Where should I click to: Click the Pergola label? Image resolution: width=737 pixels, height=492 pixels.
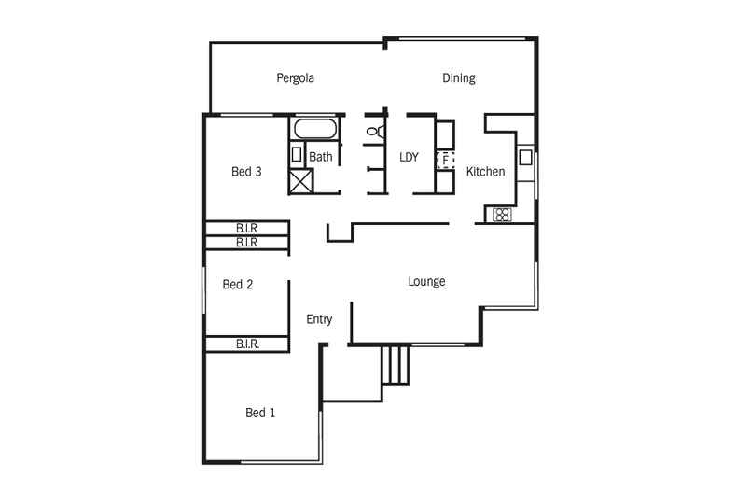coord(295,78)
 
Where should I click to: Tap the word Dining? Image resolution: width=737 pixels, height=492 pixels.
coord(458,78)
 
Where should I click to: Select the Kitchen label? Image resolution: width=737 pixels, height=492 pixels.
coord(485,172)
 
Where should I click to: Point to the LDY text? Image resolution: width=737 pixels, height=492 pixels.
coord(409,157)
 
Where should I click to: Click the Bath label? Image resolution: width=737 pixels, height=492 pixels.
coord(321,157)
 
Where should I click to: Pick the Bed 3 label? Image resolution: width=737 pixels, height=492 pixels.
coord(246,172)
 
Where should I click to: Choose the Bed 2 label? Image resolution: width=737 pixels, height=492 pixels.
coord(238,285)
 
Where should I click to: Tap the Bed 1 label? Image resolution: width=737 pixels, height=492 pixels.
coord(260,413)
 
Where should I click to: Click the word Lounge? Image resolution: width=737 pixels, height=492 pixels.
coord(426,281)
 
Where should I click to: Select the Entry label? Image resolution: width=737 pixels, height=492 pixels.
coord(319,319)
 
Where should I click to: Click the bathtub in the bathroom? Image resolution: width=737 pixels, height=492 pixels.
coord(315,129)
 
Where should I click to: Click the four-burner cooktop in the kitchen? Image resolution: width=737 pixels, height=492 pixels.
coord(502,215)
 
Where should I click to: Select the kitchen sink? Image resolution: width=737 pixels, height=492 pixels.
coord(526,156)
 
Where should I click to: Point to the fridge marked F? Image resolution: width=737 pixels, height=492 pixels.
coord(445,161)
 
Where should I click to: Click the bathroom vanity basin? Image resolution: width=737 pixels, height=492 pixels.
coord(297,154)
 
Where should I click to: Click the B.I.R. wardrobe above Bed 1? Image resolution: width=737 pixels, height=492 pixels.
coord(247,344)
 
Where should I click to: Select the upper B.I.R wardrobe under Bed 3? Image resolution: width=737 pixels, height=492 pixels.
coord(247,228)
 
